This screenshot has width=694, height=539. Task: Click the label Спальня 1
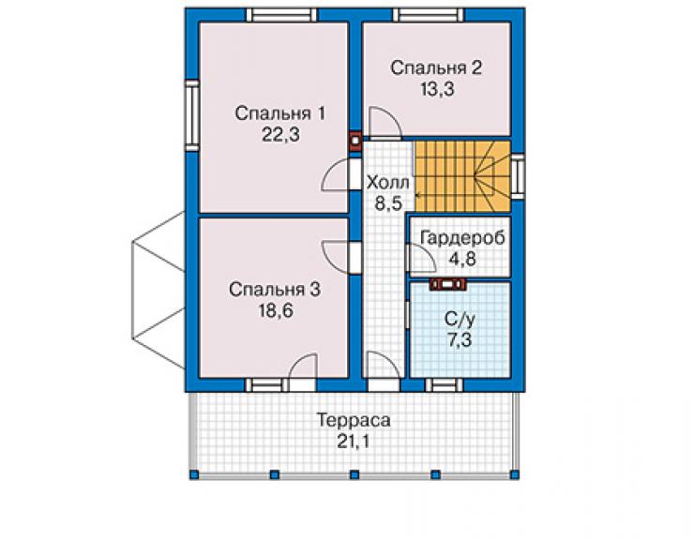pyautogui.click(x=279, y=113)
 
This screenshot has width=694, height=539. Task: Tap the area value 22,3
pyautogui.click(x=280, y=135)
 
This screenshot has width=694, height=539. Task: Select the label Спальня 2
pyautogui.click(x=436, y=68)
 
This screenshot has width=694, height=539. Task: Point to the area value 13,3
pyautogui.click(x=437, y=89)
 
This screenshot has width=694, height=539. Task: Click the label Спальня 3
pyautogui.click(x=275, y=290)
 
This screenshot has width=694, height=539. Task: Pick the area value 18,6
pyautogui.click(x=276, y=310)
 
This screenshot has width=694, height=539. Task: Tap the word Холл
pyautogui.click(x=388, y=183)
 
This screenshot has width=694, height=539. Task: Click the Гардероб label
pyautogui.click(x=462, y=238)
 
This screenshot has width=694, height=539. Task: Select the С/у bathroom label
pyautogui.click(x=460, y=319)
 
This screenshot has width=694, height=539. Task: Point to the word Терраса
pyautogui.click(x=354, y=420)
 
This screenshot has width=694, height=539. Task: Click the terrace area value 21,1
pyautogui.click(x=353, y=442)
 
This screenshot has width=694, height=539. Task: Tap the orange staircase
pyautogui.click(x=461, y=176)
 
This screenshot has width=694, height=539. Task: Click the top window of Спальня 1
pyautogui.click(x=281, y=15)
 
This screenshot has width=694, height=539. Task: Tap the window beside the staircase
pyautogui.click(x=518, y=176)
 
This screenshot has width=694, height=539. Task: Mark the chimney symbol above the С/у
pyautogui.click(x=448, y=284)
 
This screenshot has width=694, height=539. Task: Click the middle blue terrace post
pyautogui.click(x=355, y=475)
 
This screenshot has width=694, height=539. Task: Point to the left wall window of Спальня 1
pyautogui.click(x=192, y=115)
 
